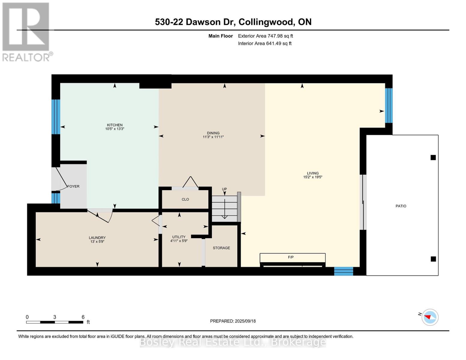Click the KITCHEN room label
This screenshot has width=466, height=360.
[x=115, y=125]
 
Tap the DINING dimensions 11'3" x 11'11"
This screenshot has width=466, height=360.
[x=213, y=137]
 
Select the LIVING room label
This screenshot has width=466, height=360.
[x=313, y=173]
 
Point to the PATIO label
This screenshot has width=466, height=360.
[x=401, y=206]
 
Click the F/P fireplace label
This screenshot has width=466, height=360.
[x=290, y=257]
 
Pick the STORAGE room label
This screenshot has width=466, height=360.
[x=221, y=248]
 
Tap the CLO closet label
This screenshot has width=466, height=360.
[x=185, y=199]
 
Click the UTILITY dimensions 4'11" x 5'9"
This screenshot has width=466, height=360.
[x=179, y=241]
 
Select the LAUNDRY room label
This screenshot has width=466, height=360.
[x=97, y=238]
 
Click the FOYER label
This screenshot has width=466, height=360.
[x=73, y=186]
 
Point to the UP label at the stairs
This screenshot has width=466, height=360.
[x=224, y=189]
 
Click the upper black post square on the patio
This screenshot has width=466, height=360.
[x=433, y=157]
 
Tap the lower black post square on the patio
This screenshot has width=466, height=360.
[x=433, y=259]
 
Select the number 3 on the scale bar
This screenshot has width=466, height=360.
[x=55, y=317]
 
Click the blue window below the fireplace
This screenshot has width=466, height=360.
[x=344, y=271]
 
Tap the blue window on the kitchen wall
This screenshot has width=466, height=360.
[x=56, y=117]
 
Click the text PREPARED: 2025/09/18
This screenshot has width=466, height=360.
[x=233, y=321]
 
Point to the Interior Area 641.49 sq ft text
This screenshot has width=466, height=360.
[x=265, y=43]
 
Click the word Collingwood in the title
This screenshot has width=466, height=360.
[x=266, y=22]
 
